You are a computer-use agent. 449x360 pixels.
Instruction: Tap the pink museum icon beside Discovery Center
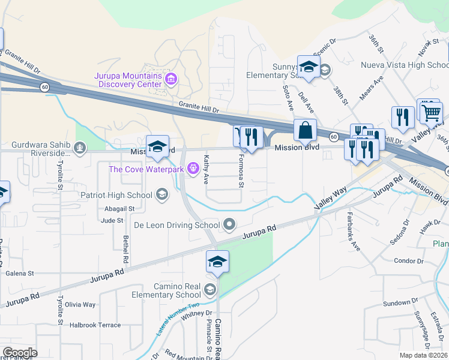(x=171, y=79)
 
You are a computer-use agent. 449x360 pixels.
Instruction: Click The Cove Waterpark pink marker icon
(x=193, y=169)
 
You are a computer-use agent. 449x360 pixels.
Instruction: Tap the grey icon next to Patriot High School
(x=161, y=194)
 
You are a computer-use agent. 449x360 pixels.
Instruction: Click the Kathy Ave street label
(x=206, y=169)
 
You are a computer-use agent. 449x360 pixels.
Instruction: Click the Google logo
(x=20, y=353)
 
